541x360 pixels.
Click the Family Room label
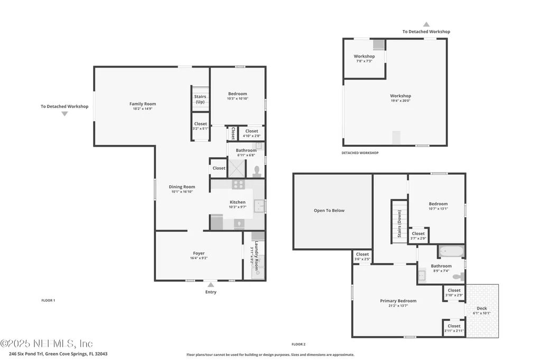click(x=143, y=104)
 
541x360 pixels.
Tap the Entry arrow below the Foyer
click(x=211, y=285)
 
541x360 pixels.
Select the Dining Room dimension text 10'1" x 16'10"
click(x=182, y=192)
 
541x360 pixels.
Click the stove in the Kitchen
click(x=238, y=185)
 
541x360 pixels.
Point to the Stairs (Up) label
click(x=200, y=99)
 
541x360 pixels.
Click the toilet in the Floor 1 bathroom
click(x=257, y=170)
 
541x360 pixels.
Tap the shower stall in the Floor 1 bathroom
click(x=237, y=168)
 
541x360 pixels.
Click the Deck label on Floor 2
click(x=482, y=308)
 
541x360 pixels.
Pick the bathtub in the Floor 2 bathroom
click(x=450, y=251)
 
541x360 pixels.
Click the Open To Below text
click(x=329, y=211)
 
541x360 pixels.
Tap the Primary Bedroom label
click(x=398, y=301)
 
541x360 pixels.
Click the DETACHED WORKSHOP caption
click(x=360, y=153)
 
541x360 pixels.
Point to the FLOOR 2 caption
click(x=299, y=344)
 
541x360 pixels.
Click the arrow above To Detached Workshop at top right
click(x=426, y=24)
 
